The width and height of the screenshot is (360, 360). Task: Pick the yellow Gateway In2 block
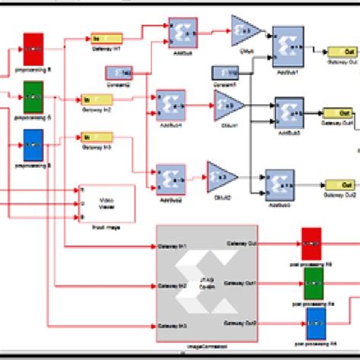[96, 99]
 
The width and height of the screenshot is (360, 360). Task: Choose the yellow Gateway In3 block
[96, 137]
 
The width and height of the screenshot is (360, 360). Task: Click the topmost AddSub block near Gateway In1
[182, 34]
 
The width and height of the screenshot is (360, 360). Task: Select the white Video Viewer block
[107, 202]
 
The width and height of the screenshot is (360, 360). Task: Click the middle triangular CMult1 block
[228, 106]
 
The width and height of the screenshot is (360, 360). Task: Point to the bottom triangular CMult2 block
[220, 175]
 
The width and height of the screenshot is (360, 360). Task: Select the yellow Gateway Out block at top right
[343, 52]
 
